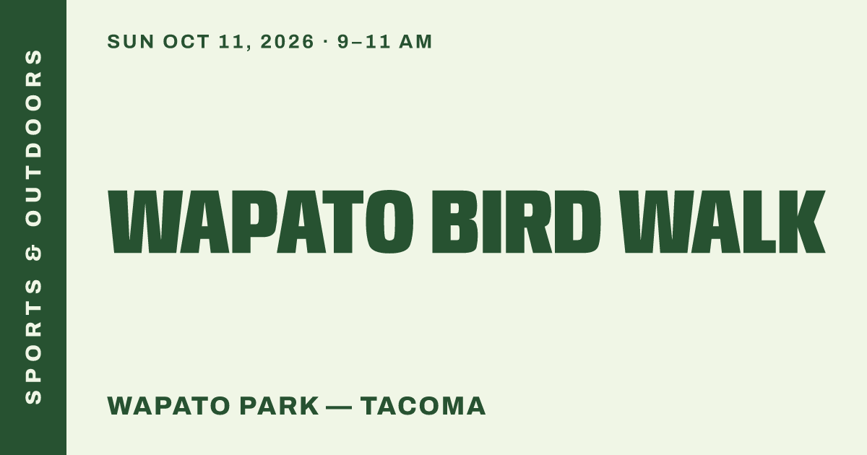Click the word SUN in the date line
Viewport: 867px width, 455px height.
tap(131, 42)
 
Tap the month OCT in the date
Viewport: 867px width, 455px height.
tap(186, 42)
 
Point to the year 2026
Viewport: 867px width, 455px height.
tap(287, 42)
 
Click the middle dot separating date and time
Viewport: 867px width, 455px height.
tap(325, 41)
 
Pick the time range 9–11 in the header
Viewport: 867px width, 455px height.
tap(364, 42)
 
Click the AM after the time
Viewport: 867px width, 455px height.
tap(415, 42)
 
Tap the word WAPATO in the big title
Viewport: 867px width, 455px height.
tap(261, 222)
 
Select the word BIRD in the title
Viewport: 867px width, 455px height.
tap(517, 222)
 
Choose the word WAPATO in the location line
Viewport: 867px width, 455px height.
tap(169, 406)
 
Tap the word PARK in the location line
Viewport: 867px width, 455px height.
tap(280, 406)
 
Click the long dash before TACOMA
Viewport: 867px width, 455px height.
tap(340, 407)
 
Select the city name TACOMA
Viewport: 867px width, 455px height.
tap(423, 406)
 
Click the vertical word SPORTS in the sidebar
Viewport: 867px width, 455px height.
tap(33, 341)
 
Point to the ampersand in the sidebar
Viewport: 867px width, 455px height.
tap(33, 253)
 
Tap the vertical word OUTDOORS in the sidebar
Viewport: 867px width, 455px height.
tap(33, 138)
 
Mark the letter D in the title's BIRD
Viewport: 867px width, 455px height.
tap(577, 222)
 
